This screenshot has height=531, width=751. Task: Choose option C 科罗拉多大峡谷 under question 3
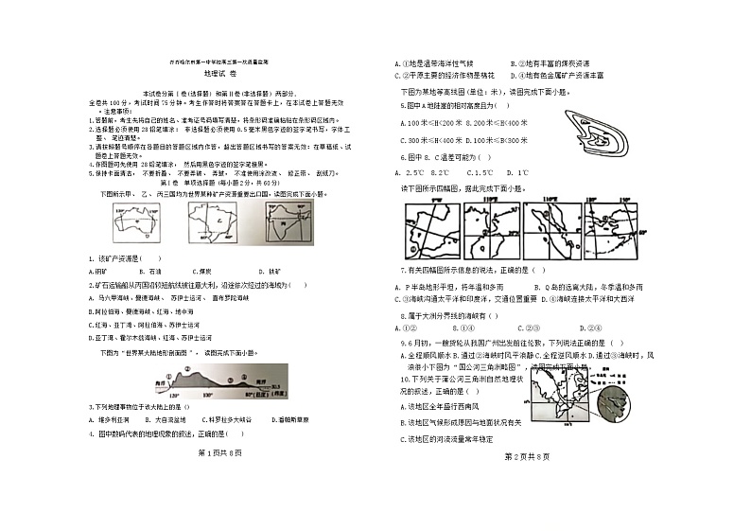[224, 417]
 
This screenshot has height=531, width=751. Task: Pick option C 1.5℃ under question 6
[486, 173]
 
